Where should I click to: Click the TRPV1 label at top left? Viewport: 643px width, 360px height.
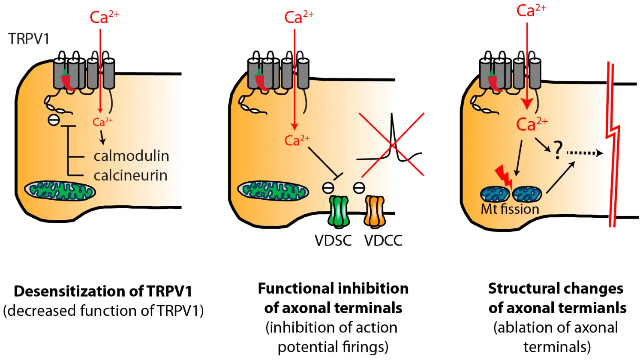pos(29,39)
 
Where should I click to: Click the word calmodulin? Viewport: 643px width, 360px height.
pos(131,156)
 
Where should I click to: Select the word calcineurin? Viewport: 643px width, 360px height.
pos(130,176)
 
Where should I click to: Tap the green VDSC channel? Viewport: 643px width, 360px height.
pos(339,212)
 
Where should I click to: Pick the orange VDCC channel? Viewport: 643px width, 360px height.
pos(375,212)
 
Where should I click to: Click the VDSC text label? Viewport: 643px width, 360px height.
pos(333,240)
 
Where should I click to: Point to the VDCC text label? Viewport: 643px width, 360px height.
pos(383,240)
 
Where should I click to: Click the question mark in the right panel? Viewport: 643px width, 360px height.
pos(557,151)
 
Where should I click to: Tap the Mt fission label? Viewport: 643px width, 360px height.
pos(510,209)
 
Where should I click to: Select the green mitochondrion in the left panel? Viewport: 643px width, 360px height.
pos(60,190)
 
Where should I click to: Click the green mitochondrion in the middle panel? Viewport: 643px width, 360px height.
pos(273,191)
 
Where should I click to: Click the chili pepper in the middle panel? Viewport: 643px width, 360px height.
pos(261,81)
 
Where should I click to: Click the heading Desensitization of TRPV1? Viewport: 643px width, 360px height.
pos(103,291)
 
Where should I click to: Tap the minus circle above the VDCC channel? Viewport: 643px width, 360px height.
pos(359,187)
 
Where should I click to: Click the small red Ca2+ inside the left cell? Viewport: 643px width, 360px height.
pos(102,122)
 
